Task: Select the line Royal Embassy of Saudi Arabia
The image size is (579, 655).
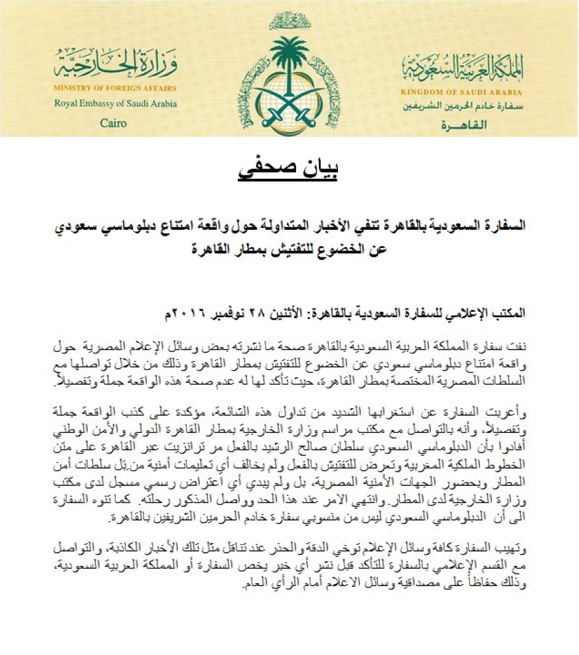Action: [x=115, y=103]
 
